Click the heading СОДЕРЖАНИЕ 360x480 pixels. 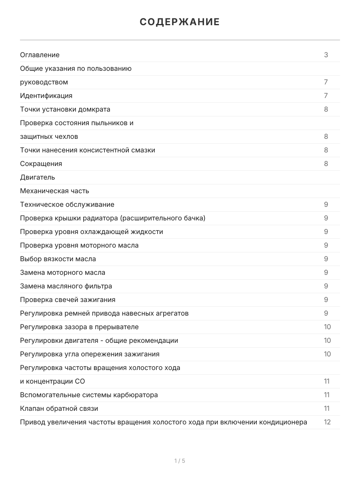(x=180, y=22)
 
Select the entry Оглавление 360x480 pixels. (x=40, y=55)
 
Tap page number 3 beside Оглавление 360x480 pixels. (x=326, y=55)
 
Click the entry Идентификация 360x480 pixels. (x=46, y=96)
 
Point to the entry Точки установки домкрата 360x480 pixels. (x=65, y=109)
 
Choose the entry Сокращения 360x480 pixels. (x=41, y=164)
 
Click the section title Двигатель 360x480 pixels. (x=37, y=177)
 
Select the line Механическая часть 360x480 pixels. (x=54, y=191)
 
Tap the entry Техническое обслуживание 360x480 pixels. (x=67, y=204)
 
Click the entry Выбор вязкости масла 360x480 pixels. (x=58, y=259)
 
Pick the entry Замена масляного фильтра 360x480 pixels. (x=66, y=286)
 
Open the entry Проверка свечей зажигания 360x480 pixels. (x=67, y=300)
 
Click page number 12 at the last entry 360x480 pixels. (x=327, y=422)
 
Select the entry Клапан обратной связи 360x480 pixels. (x=59, y=408)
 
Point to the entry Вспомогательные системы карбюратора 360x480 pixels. (x=89, y=395)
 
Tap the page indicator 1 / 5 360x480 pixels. (x=180, y=461)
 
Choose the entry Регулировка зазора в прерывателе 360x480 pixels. (x=79, y=327)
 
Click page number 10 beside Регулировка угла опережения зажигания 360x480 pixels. (x=327, y=354)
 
